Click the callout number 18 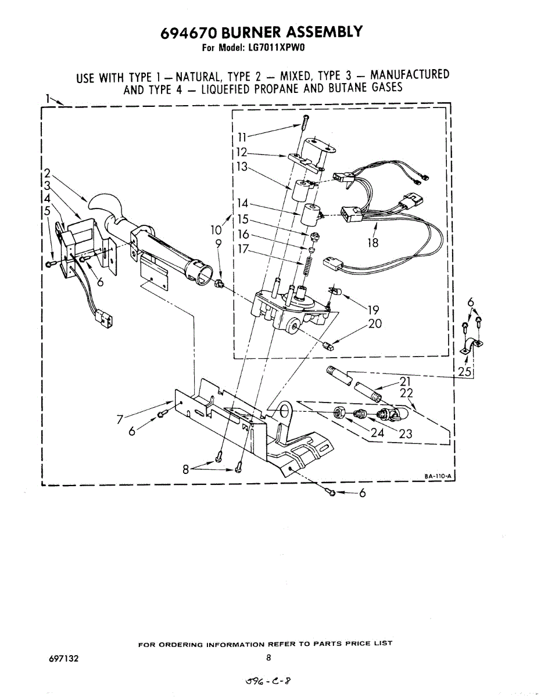click(373, 243)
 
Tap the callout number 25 click(465, 372)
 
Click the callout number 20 click(375, 324)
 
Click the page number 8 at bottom click(268, 658)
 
